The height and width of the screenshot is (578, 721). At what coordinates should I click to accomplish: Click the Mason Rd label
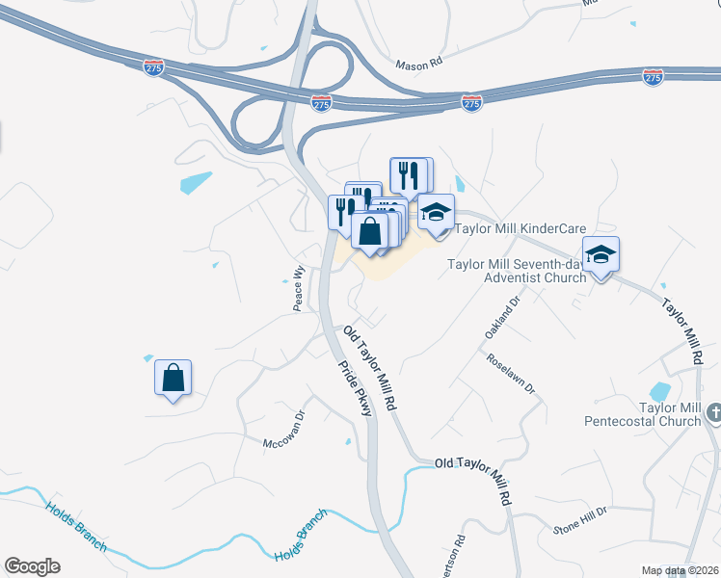[x=418, y=65]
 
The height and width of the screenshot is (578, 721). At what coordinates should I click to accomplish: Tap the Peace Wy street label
[x=299, y=287]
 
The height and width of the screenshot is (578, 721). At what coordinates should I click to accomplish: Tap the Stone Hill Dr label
[x=580, y=520]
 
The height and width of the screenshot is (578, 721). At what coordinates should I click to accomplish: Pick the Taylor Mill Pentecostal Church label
[x=643, y=414]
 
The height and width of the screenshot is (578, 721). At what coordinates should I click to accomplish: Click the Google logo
[x=32, y=566]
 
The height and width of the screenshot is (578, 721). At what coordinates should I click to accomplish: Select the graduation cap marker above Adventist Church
[x=601, y=256]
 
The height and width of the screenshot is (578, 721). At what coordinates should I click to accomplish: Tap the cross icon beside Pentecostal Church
[x=713, y=413]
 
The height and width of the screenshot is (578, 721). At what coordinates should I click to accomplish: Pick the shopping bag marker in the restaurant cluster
[x=369, y=231]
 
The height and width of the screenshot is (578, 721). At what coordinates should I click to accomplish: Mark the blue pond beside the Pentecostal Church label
[x=660, y=392]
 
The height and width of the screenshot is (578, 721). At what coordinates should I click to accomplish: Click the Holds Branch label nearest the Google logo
[x=74, y=526]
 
